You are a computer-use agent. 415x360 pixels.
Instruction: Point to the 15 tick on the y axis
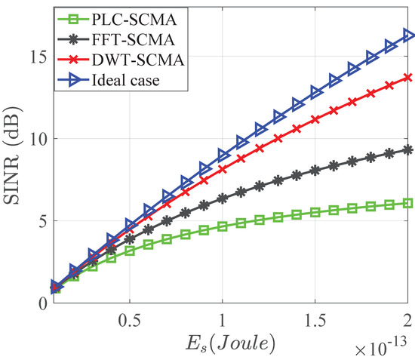tap(40, 57)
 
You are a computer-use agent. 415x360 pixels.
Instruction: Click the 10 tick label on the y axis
tap(40, 140)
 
